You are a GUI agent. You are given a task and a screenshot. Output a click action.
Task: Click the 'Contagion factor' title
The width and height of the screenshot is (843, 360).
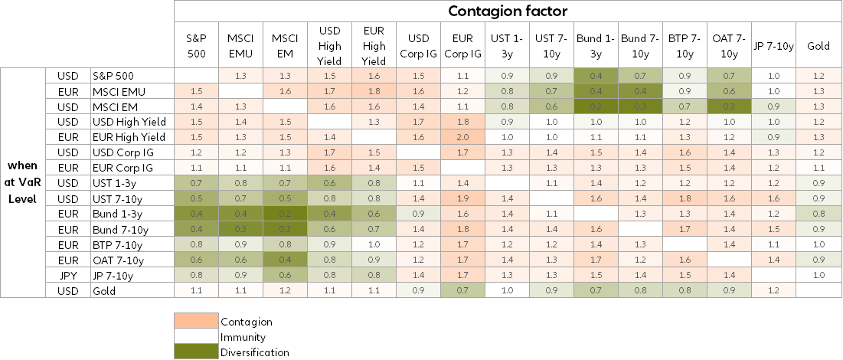(x=507, y=11)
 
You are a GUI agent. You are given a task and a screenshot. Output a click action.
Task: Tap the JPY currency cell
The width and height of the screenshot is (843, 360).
(x=67, y=275)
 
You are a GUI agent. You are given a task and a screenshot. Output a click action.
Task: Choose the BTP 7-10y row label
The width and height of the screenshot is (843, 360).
(x=115, y=244)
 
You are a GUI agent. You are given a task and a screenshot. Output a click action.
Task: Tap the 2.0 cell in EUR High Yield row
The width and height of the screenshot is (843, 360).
(x=462, y=137)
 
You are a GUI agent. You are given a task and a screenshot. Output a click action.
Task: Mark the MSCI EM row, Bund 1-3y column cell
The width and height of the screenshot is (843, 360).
(x=596, y=106)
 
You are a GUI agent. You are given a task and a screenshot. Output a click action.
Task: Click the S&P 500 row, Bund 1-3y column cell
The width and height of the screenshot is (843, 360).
(x=596, y=76)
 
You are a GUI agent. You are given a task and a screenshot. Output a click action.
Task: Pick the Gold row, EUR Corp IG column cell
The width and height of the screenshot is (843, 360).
(x=462, y=290)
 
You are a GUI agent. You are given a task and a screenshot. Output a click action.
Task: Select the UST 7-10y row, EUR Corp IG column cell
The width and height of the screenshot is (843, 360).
(x=462, y=198)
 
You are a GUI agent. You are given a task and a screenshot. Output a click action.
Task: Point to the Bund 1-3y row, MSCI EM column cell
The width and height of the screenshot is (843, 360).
(x=285, y=214)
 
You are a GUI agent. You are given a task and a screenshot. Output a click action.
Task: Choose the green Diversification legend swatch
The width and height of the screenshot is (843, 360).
(x=196, y=352)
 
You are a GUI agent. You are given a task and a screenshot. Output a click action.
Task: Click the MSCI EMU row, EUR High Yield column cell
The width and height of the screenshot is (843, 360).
(x=374, y=91)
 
